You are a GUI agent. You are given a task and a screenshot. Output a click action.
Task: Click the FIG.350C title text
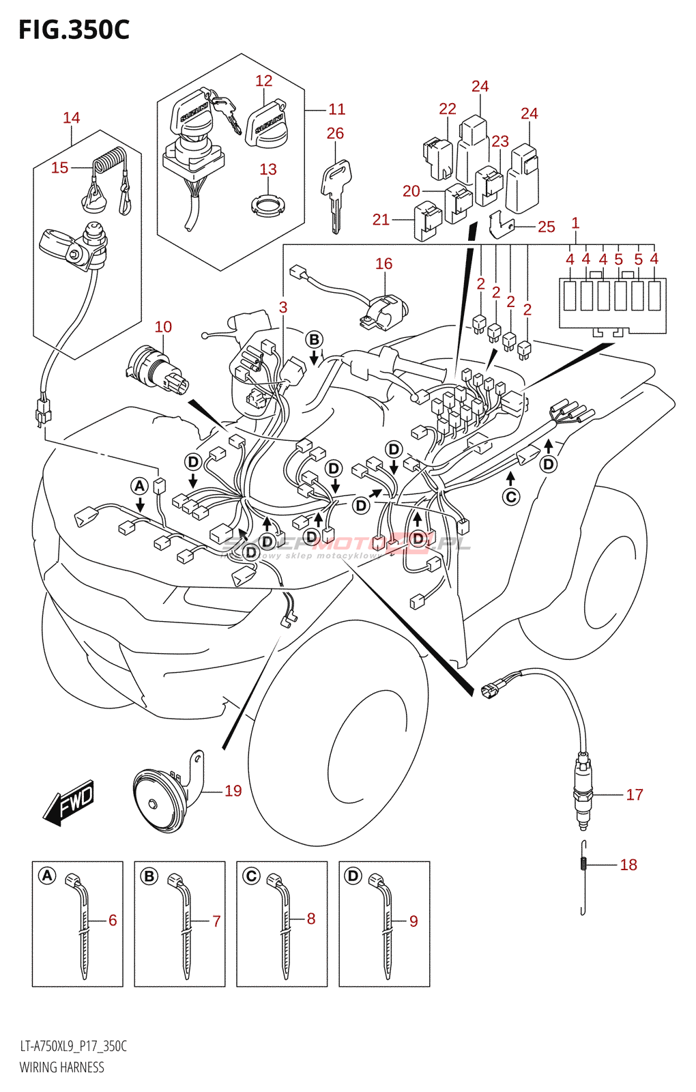tap(74, 30)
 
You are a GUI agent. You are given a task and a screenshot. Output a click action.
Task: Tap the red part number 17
tap(634, 794)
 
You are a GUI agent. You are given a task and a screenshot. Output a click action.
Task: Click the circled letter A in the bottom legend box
tap(47, 876)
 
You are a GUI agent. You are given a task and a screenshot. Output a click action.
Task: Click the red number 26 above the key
tap(335, 133)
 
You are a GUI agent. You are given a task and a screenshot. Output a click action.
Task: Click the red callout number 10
tap(163, 327)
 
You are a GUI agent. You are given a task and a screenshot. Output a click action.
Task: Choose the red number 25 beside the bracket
tap(546, 227)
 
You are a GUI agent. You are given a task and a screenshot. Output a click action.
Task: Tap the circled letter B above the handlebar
tap(313, 339)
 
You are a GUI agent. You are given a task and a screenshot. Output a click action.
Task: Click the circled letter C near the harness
tap(510, 497)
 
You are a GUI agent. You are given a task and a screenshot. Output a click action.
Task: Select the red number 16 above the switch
tap(383, 263)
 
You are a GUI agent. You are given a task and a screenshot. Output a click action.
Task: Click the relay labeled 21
tap(427, 220)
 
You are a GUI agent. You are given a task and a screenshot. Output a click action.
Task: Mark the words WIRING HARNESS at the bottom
tap(62, 1067)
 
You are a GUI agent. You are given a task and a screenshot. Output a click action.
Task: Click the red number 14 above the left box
tap(71, 117)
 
